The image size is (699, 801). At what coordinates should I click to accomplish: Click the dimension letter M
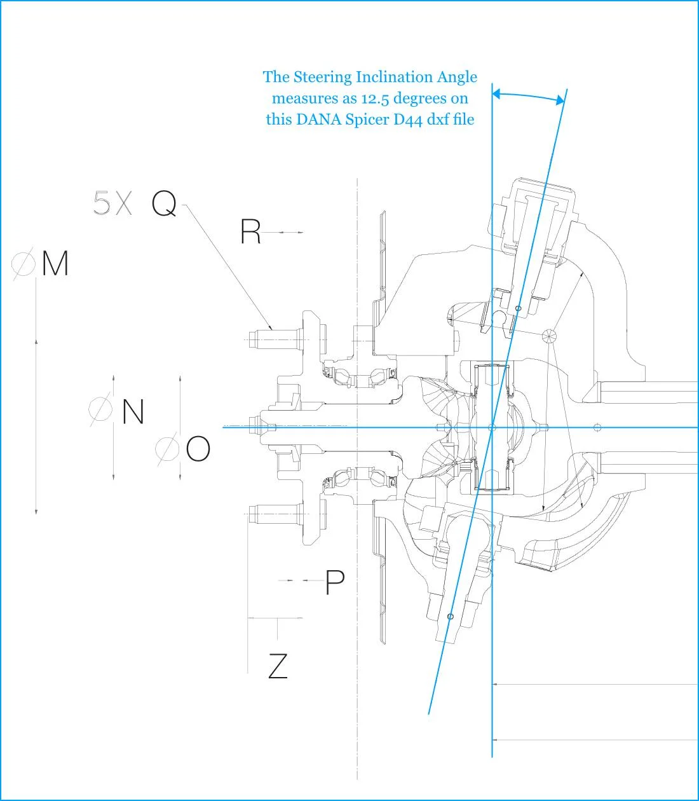point(55,263)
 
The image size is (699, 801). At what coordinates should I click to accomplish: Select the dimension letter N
point(133,411)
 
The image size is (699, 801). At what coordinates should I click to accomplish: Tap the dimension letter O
point(198,449)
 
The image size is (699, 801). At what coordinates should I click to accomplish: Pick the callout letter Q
point(165,203)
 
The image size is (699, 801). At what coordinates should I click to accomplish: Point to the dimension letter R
point(250,231)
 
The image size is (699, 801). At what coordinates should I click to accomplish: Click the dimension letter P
point(335,582)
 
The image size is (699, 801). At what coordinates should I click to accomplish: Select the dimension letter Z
point(278,666)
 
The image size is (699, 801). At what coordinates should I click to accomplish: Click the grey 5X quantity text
point(112,203)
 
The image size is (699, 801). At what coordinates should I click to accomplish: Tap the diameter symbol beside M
point(24,264)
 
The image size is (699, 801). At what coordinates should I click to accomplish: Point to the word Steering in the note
point(323,78)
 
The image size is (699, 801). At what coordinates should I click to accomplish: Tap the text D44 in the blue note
point(408,120)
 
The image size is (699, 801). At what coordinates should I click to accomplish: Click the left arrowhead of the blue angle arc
point(496,93)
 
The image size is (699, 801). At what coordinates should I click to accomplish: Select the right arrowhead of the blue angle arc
point(560,100)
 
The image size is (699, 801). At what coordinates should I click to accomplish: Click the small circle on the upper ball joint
point(518,308)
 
